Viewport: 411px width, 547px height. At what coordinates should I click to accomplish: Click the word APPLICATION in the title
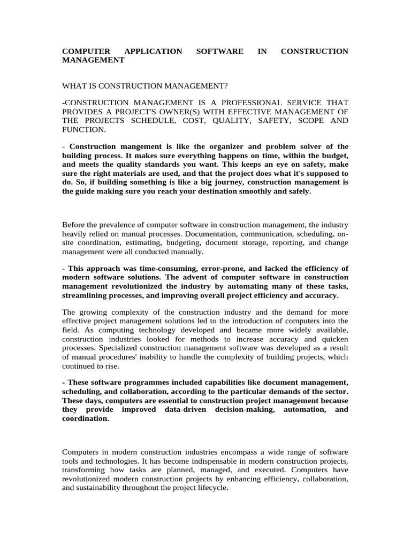click(153, 51)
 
